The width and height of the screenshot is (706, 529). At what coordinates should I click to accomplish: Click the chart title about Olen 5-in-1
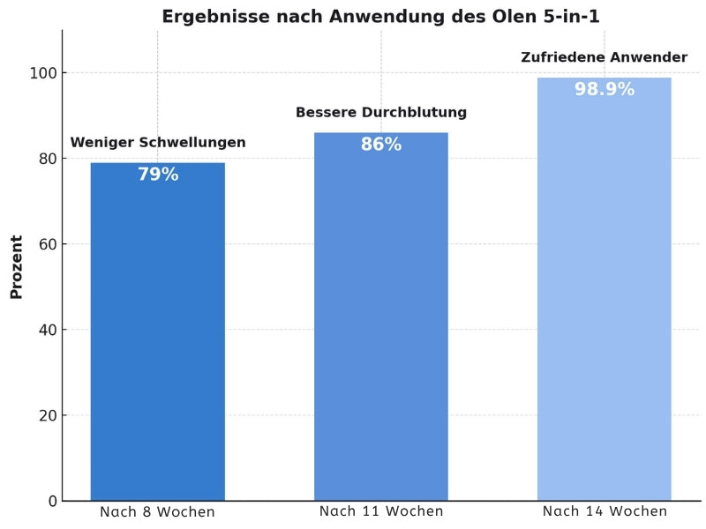(x=380, y=17)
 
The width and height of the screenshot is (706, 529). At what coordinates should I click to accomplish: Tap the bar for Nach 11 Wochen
(x=381, y=317)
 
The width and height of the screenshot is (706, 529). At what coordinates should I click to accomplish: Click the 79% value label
(x=158, y=175)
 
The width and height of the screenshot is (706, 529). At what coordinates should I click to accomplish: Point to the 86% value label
(x=381, y=145)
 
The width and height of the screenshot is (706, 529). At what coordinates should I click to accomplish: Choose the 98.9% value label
(x=605, y=89)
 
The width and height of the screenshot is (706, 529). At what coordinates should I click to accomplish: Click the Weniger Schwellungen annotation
(x=158, y=143)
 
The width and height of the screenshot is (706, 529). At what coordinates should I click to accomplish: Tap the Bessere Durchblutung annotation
(x=381, y=113)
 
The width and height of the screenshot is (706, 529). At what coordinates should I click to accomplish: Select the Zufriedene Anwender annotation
(x=605, y=57)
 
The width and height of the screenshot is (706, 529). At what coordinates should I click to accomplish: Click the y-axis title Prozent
(x=17, y=266)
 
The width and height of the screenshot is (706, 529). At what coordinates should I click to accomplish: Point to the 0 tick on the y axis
(x=53, y=501)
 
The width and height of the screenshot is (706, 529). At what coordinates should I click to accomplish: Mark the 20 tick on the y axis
(x=49, y=415)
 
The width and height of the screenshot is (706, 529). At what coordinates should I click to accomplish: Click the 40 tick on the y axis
(x=49, y=330)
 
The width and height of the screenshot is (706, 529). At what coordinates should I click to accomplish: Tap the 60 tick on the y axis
(x=49, y=244)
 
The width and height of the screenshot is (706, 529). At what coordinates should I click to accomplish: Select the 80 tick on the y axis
(x=49, y=159)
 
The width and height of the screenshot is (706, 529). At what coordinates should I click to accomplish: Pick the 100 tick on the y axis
(x=44, y=73)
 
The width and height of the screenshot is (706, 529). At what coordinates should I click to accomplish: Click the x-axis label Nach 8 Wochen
(x=157, y=512)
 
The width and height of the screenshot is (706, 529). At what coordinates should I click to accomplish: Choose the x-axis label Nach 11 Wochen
(x=381, y=512)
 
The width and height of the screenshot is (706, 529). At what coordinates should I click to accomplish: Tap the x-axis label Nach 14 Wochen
(x=605, y=512)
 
